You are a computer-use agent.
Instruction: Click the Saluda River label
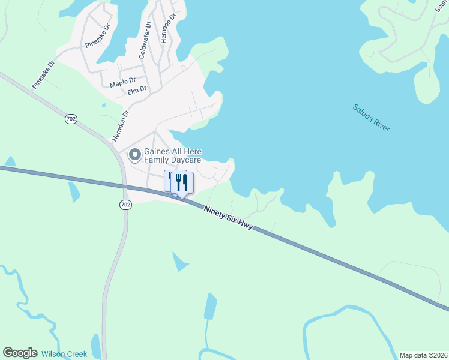point(372,118)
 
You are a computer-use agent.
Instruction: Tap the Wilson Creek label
point(64,354)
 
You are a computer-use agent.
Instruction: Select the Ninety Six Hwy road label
point(228,219)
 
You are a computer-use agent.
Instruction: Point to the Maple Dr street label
point(123,82)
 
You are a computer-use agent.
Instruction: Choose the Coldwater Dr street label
point(145,40)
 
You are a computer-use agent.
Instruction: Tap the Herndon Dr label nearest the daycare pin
point(121,125)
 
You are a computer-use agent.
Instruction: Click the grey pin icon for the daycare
point(135,155)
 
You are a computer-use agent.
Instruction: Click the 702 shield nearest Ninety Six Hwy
point(125,205)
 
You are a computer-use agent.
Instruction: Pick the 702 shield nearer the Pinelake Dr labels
point(71,119)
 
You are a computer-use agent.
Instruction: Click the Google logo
point(20,353)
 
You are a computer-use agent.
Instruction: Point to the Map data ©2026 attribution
point(423,355)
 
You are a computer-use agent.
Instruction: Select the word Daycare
point(184,161)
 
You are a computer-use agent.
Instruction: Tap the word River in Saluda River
point(380,123)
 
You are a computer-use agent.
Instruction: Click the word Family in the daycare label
point(157,161)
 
